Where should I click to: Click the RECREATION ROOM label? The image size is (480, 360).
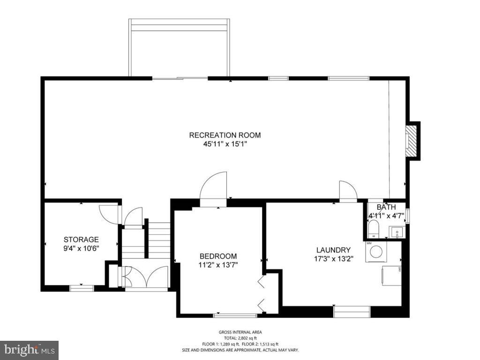(x=225, y=135)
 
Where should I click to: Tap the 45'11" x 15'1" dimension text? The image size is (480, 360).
(x=225, y=144)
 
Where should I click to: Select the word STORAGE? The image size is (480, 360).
(x=81, y=240)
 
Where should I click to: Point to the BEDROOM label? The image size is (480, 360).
(x=218, y=256)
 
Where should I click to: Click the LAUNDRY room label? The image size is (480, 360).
(x=333, y=250)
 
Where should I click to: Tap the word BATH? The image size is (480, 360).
(x=386, y=207)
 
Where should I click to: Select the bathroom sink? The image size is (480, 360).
(x=396, y=232)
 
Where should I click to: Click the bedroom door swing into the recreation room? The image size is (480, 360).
(x=213, y=187)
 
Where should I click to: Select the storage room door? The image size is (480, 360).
(x=109, y=214)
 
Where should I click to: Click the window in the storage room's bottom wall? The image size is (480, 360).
(x=82, y=288)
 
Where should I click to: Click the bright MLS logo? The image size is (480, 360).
(x=29, y=350)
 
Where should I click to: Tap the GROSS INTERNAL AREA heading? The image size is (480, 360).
(x=240, y=332)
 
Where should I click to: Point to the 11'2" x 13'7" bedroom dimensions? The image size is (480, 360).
(x=218, y=265)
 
